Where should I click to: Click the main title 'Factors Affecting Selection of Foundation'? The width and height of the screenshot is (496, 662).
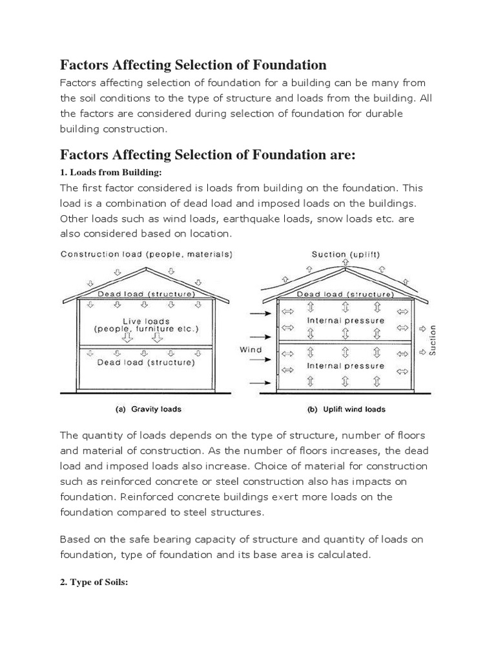[x=193, y=65]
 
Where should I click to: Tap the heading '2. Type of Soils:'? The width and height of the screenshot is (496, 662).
[x=94, y=582]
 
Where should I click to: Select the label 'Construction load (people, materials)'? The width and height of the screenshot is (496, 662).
[x=146, y=255]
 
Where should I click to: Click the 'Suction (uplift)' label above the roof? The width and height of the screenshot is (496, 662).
[x=346, y=255]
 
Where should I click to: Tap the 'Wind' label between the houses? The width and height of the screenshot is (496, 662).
[x=251, y=350]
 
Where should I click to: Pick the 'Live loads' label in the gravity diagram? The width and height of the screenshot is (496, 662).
[x=146, y=321]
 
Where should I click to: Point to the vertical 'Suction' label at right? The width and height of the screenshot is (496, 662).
[x=433, y=339]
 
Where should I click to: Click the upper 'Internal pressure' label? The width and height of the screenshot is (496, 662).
[x=346, y=321]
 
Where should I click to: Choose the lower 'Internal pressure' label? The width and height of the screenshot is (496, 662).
[x=346, y=366]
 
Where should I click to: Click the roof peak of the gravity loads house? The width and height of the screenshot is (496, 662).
[x=147, y=268]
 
